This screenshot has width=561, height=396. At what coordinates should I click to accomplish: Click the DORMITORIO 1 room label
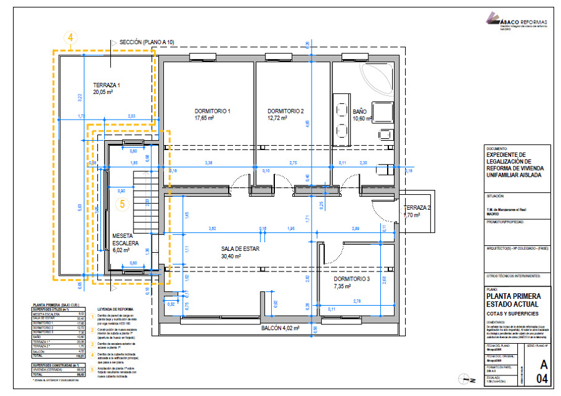(x=213, y=111)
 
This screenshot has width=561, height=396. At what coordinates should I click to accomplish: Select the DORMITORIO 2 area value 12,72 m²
(x=277, y=118)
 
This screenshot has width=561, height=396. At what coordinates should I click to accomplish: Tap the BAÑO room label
(x=360, y=112)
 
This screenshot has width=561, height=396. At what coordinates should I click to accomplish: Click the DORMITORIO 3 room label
(x=351, y=280)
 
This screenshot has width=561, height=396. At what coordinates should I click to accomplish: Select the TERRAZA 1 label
(x=107, y=85)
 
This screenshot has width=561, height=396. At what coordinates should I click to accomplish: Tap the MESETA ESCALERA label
(x=125, y=240)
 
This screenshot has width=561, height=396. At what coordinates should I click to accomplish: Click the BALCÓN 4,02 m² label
(x=280, y=328)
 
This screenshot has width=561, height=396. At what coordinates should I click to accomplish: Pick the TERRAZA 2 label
(x=417, y=208)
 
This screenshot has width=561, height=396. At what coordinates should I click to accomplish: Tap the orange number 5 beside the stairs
(x=122, y=204)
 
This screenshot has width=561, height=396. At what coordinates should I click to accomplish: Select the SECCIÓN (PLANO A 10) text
(x=147, y=42)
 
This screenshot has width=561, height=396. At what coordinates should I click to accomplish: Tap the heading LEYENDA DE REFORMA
(x=117, y=309)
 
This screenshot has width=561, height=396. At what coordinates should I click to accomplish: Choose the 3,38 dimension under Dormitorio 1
(x=209, y=163)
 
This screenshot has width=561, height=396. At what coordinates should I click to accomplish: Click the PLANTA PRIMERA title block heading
(x=513, y=296)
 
